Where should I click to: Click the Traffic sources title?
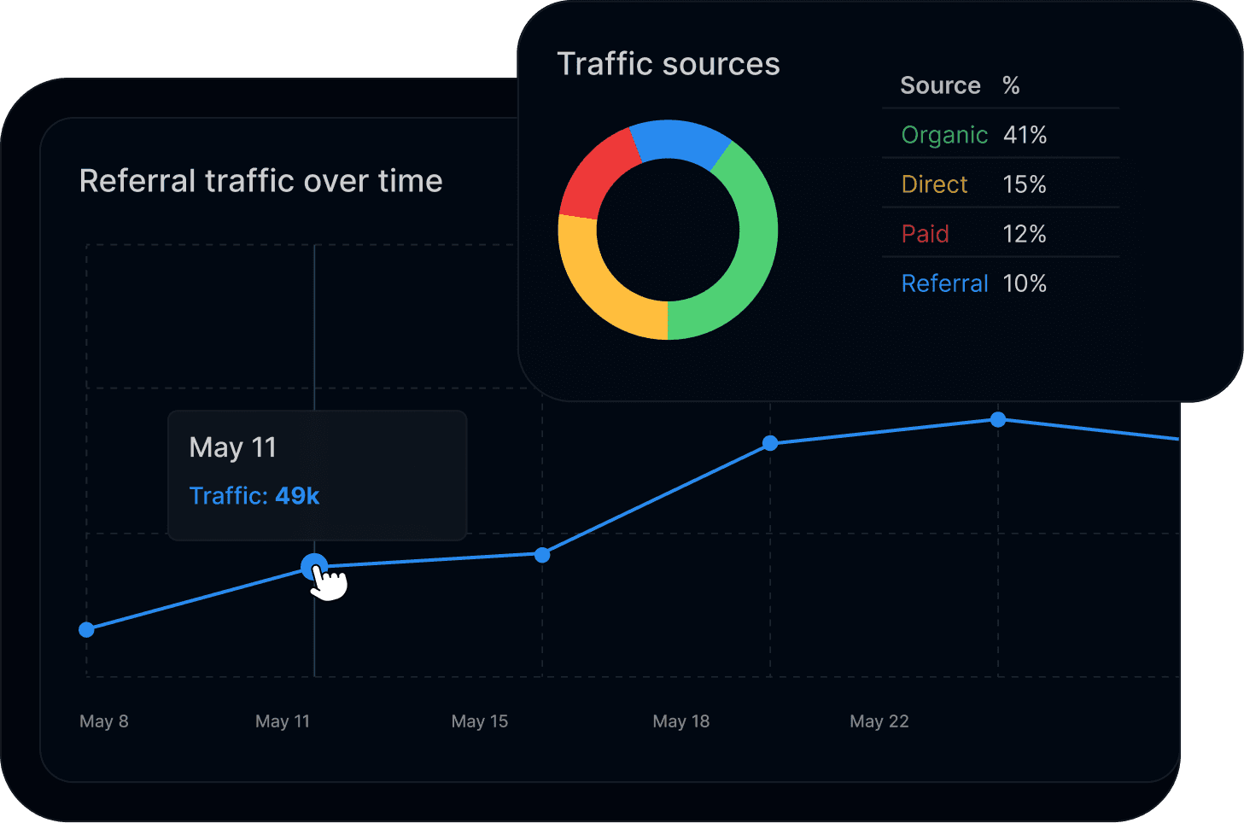click(x=668, y=65)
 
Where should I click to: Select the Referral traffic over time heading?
click(x=260, y=181)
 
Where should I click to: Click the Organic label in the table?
click(x=943, y=135)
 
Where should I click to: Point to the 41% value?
click(x=1025, y=135)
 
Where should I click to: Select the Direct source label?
click(x=934, y=184)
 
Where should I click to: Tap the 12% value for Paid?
click(x=1025, y=234)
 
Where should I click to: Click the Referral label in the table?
click(x=944, y=283)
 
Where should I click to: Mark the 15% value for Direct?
click(x=1025, y=184)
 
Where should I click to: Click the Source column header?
click(x=940, y=85)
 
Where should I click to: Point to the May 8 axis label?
click(x=104, y=721)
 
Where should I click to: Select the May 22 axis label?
click(x=879, y=721)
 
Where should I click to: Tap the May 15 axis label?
click(x=479, y=721)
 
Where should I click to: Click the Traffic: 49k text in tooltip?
click(x=254, y=496)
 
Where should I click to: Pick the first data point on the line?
click(x=86, y=630)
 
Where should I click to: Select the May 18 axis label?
click(x=680, y=721)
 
